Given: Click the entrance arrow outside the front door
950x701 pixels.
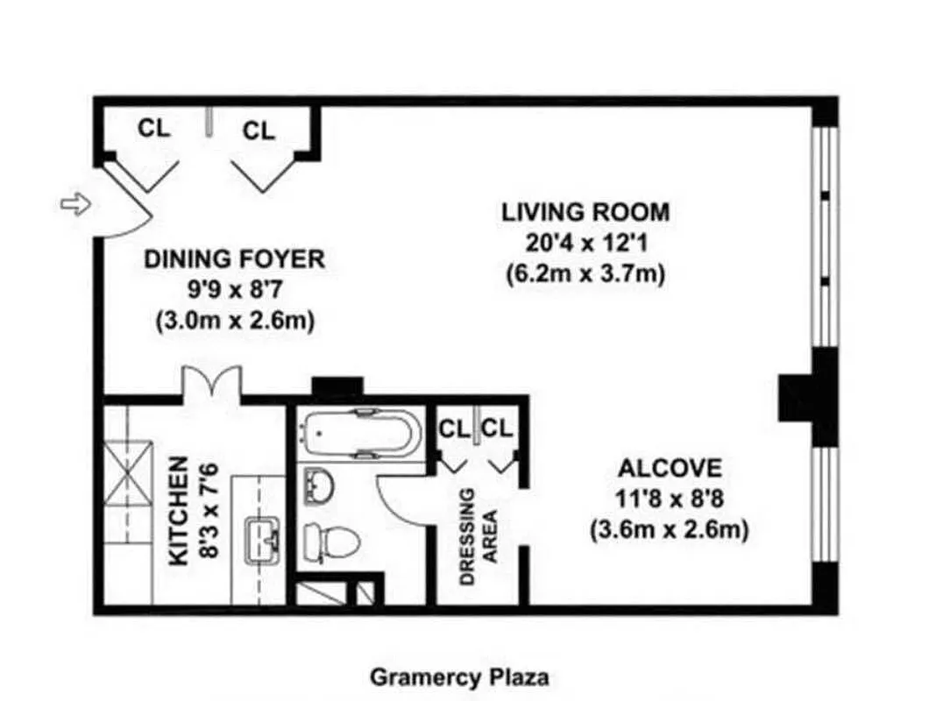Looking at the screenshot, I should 74,204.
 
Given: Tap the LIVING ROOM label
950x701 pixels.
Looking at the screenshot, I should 585,212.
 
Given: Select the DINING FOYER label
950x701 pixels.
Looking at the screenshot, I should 234,258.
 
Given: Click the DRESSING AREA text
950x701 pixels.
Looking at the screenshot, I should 479,536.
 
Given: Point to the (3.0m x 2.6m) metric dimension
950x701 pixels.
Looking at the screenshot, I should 234,321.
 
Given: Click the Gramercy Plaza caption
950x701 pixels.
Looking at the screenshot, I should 460,676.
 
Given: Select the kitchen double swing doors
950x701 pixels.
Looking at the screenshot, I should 210,384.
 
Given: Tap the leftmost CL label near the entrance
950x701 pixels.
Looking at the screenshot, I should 154,128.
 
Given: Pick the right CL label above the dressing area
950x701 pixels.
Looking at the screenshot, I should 497,428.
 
